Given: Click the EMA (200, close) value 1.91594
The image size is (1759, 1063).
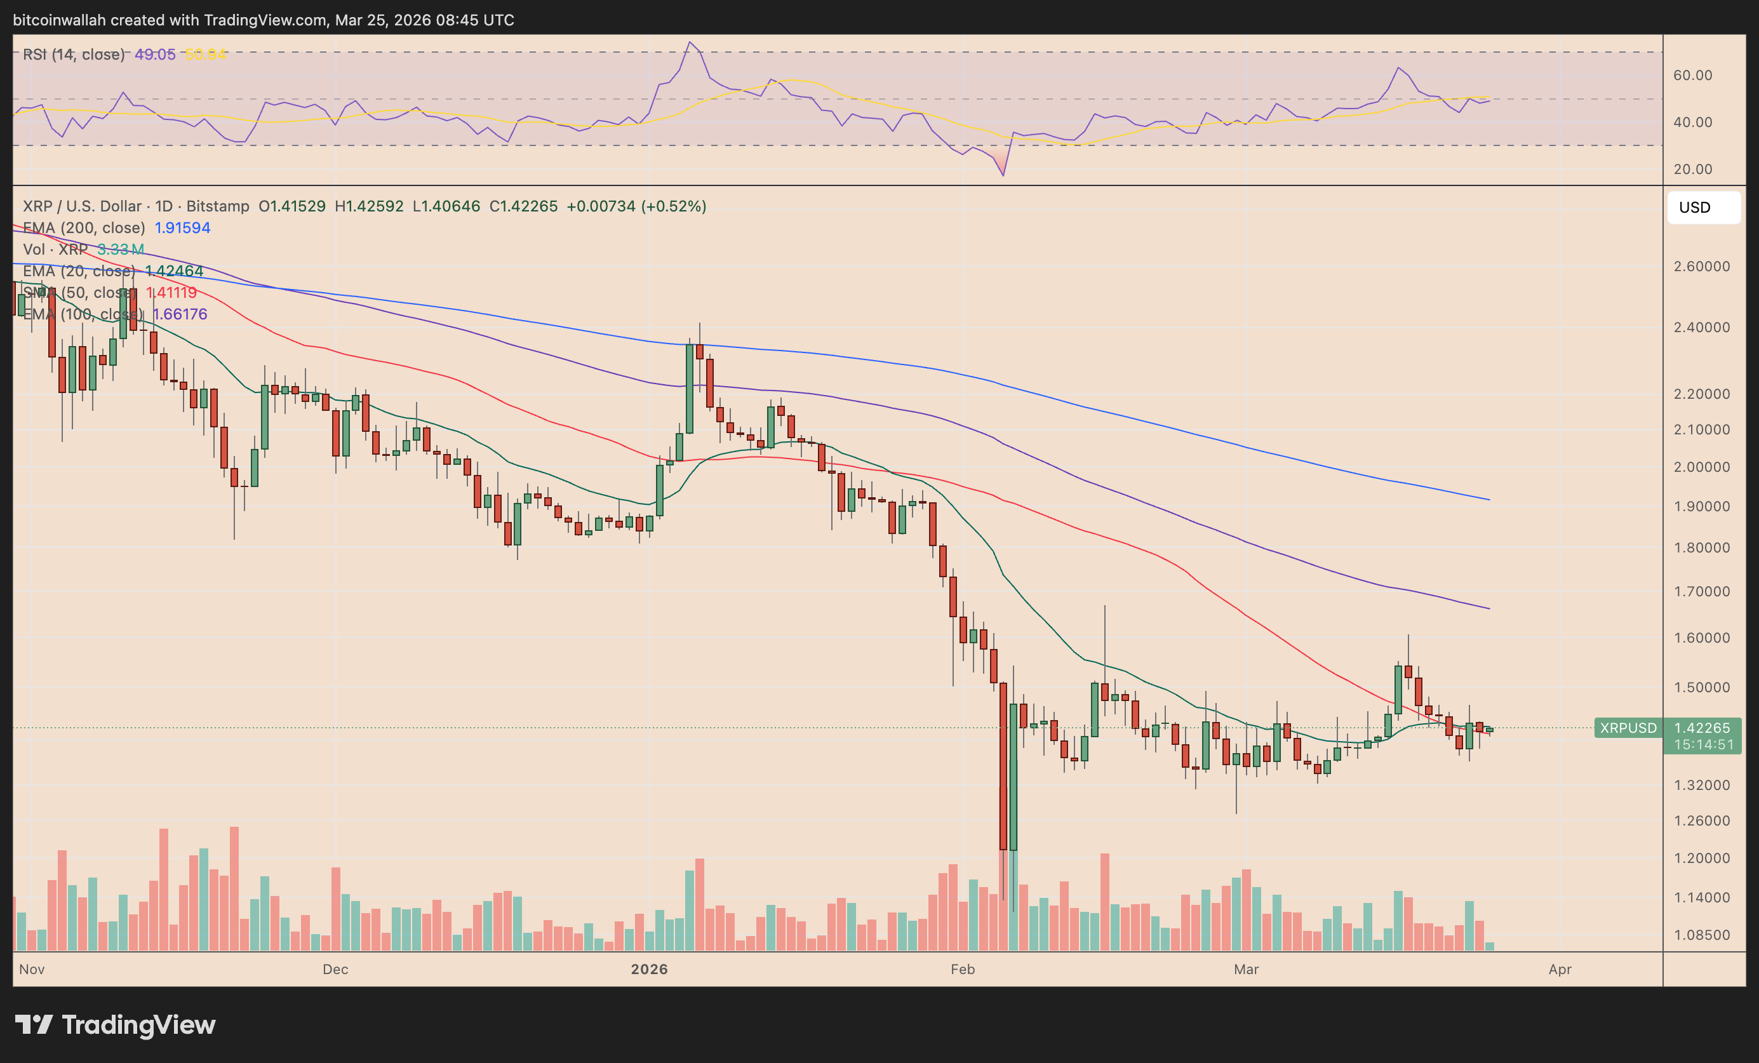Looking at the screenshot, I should click(182, 228).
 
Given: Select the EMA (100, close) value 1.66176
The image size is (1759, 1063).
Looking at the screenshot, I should click(180, 314).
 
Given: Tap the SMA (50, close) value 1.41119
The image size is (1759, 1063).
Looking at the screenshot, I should click(171, 293).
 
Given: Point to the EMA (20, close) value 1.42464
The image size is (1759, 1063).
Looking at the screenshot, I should click(174, 271).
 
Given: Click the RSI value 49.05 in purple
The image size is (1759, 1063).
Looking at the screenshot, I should click(155, 54).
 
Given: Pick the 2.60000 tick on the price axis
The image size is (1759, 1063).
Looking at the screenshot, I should click(1701, 266).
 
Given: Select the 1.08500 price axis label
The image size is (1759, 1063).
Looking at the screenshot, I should click(1701, 935).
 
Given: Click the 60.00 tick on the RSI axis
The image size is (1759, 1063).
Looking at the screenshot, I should click(1692, 75).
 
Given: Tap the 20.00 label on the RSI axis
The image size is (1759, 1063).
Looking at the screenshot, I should click(1692, 169).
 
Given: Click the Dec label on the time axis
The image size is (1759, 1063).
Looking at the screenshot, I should click(335, 969).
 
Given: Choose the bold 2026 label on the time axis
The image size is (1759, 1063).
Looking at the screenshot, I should click(649, 969).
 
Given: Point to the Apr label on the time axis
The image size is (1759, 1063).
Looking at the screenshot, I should click(1560, 969).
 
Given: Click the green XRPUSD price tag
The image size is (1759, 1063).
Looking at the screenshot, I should click(1628, 728).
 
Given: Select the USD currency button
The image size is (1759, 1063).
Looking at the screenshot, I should click(1702, 207).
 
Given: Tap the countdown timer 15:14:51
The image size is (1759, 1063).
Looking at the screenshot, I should click(1702, 745).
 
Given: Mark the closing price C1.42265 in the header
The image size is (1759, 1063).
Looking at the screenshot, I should click(523, 206).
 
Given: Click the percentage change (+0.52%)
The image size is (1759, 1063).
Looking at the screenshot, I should click(673, 206).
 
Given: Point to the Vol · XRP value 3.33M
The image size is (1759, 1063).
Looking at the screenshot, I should click(121, 249).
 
